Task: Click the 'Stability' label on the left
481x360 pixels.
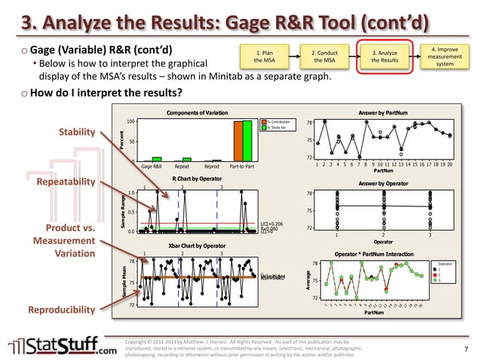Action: pos(77,133)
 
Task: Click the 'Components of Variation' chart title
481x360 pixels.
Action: pos(197,112)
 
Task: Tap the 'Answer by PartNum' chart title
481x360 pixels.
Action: pos(383,112)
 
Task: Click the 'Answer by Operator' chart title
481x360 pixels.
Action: pos(383,184)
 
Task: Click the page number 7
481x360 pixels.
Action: pos(465,349)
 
